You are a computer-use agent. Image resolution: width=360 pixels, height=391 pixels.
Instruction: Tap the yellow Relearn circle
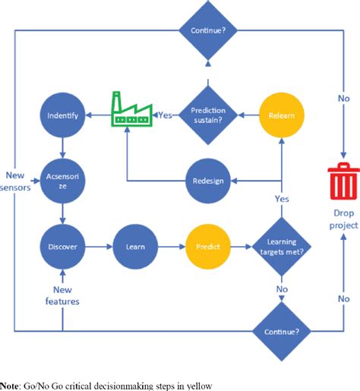coord(282,116)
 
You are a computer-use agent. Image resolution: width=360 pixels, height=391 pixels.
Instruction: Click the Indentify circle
coord(63,116)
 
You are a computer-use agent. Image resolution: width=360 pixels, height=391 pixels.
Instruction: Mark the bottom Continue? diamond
coord(282,331)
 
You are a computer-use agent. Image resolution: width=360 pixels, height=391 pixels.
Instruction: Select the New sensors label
coord(15,179)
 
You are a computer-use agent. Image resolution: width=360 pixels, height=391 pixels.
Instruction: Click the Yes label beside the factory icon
coord(164,116)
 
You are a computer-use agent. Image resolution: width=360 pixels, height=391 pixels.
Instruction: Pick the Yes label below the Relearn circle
coord(282,199)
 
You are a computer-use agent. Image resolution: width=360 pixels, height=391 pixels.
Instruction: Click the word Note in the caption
coord(10,383)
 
